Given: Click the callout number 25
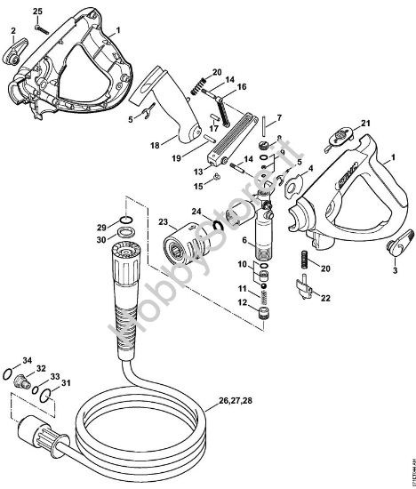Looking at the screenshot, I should [x=37, y=10].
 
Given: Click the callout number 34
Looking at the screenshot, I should [x=28, y=360].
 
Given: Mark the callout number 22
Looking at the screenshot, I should [x=324, y=298].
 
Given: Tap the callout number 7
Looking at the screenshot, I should [x=278, y=118].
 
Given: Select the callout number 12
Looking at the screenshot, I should [x=241, y=302].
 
